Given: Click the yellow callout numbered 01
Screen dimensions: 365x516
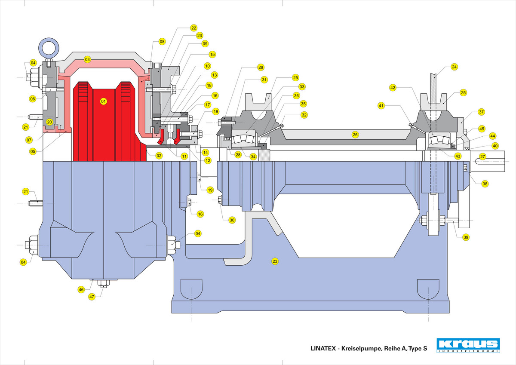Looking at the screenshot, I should click(x=103, y=101).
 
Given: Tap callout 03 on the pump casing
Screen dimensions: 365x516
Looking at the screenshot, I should click(x=87, y=60).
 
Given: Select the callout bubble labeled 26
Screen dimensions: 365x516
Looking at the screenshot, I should click(x=355, y=135).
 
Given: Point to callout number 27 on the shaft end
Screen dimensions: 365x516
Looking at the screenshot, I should click(x=482, y=156).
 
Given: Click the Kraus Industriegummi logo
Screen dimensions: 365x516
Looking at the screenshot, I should click(x=468, y=345).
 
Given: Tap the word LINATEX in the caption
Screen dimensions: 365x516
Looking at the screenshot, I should click(x=324, y=349).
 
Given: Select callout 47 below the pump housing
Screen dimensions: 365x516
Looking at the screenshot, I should click(x=91, y=297).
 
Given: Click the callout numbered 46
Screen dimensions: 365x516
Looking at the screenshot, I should click(x=81, y=290).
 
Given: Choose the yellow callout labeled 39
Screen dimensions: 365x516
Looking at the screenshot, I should click(x=466, y=237).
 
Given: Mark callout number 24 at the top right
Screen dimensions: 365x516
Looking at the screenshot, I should click(x=455, y=67).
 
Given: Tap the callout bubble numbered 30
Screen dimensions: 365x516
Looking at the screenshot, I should click(x=232, y=220).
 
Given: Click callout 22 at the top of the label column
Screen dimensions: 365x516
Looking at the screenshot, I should click(x=194, y=28).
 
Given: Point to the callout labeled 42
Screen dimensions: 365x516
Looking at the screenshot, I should click(x=393, y=87).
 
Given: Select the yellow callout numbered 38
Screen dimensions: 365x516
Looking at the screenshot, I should click(x=485, y=184).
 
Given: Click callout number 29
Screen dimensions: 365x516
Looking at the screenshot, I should click(x=261, y=67).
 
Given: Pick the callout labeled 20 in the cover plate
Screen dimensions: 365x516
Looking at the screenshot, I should click(x=49, y=122).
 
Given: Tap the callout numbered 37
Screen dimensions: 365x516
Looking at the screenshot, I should click(x=481, y=112).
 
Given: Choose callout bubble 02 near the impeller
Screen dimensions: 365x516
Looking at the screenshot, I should click(x=159, y=156).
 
